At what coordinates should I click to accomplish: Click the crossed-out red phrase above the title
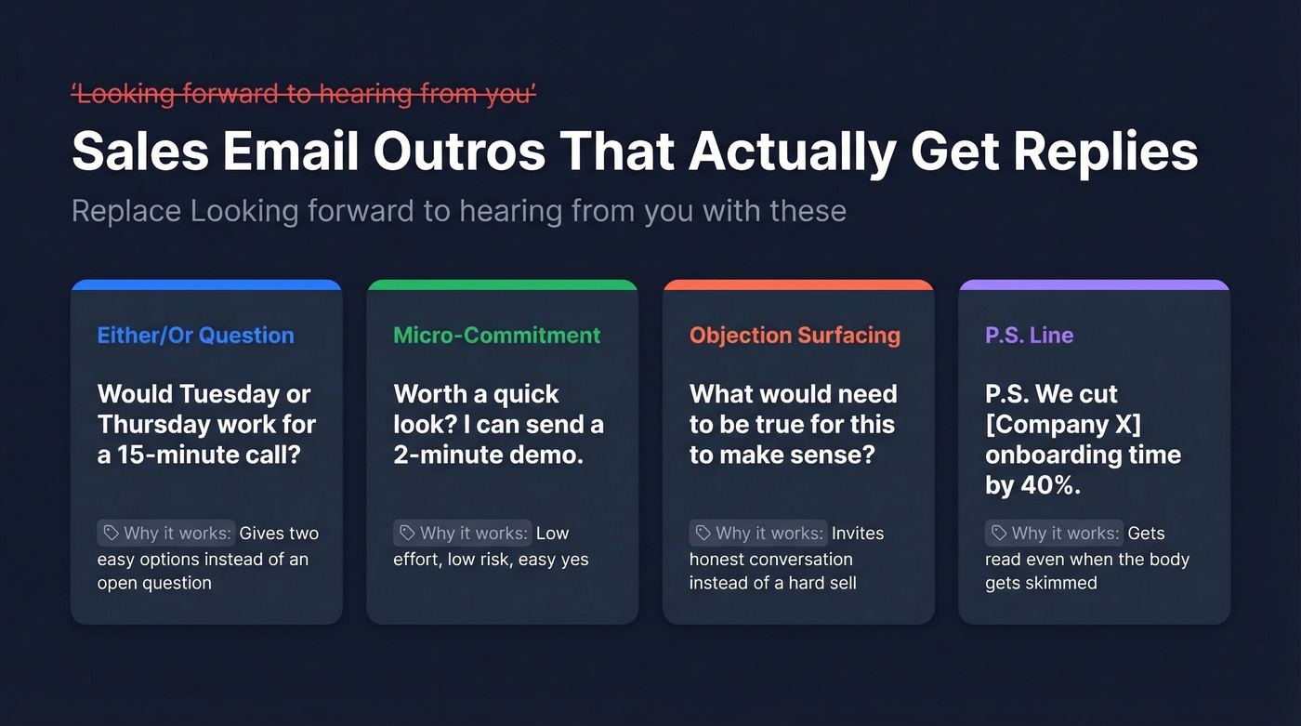pyautogui.click(x=304, y=94)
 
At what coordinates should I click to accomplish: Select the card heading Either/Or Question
pyautogui.click(x=195, y=336)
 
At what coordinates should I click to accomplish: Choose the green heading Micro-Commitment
pyautogui.click(x=497, y=336)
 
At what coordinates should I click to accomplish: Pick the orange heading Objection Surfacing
pyautogui.click(x=795, y=336)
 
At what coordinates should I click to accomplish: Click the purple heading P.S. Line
pyautogui.click(x=1030, y=336)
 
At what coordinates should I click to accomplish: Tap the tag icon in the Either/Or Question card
pyautogui.click(x=112, y=533)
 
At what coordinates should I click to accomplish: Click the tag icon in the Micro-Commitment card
pyautogui.click(x=407, y=533)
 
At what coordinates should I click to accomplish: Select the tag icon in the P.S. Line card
pyautogui.click(x=999, y=533)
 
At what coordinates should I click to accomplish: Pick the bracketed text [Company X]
pyautogui.click(x=1063, y=425)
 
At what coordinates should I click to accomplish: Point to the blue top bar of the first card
pyautogui.click(x=206, y=284)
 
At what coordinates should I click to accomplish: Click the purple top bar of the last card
pyautogui.click(x=1094, y=284)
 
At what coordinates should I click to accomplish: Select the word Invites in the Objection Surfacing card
pyautogui.click(x=858, y=534)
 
